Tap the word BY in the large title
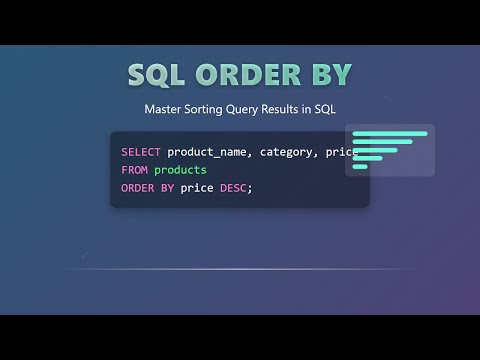[329, 76]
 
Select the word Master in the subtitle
[165, 108]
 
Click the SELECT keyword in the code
[141, 152]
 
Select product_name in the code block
[208, 152]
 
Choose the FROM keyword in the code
[134, 170]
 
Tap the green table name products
[180, 170]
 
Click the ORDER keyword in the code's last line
[138, 188]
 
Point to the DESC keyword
[235, 188]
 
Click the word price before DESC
[197, 188]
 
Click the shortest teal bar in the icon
[360, 167]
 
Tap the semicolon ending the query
[250, 188]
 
